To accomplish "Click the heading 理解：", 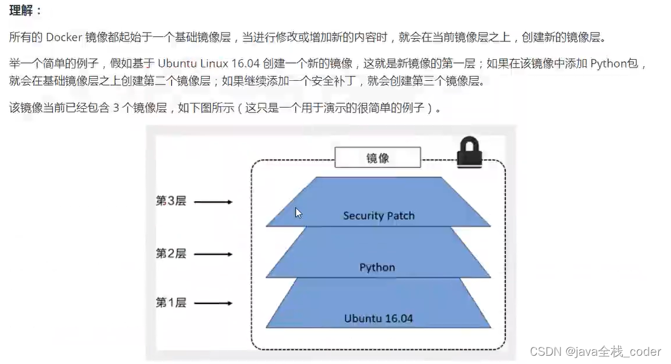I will point(25,12).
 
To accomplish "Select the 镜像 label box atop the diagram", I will point(378,158).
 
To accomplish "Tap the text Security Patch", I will point(378,216).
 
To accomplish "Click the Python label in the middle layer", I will point(377,267).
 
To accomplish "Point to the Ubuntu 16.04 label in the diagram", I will point(378,318).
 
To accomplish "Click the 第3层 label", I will point(170,201).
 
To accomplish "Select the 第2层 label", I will point(170,253).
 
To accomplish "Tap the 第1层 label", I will point(170,303).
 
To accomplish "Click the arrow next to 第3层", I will point(213,202).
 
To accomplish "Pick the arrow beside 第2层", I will point(213,255).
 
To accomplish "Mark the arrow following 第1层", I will point(213,304).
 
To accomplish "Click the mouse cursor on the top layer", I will point(298,213).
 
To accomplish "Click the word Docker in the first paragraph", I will point(63,38).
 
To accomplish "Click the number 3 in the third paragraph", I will point(116,108).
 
